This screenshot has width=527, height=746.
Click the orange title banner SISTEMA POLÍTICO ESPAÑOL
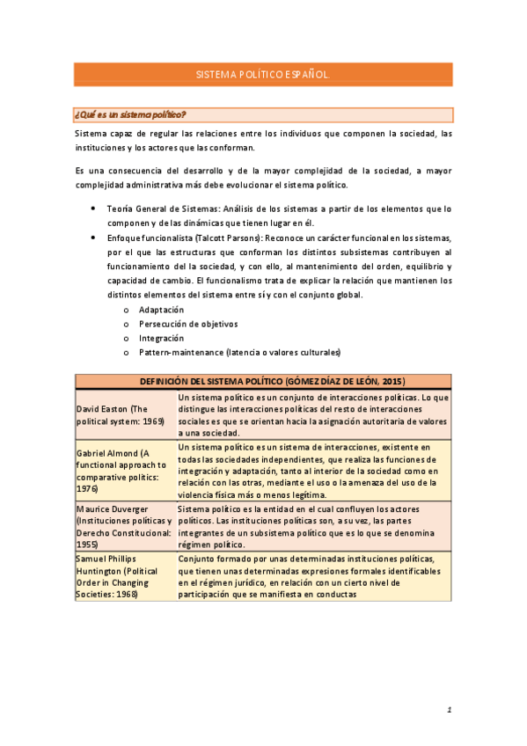[x=263, y=76]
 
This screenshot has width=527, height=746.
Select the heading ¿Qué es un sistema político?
[x=130, y=114]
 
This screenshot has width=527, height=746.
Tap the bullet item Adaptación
[x=161, y=310]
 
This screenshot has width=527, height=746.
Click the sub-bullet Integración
[x=161, y=338]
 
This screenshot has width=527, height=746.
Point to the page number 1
[x=449, y=710]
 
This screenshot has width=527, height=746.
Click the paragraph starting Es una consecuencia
[x=263, y=177]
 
